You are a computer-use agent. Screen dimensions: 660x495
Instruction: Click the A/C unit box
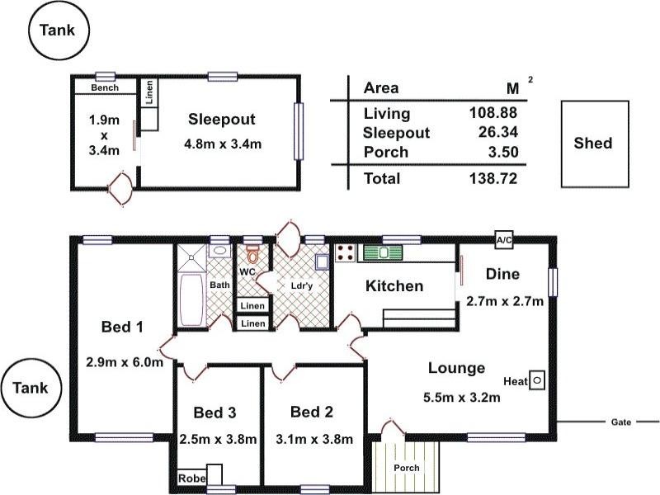[x=504, y=240]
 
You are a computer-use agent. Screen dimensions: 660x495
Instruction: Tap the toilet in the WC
[x=252, y=253]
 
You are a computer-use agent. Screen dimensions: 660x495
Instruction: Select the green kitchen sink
[x=383, y=252]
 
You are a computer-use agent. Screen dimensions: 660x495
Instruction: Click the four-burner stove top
[x=346, y=253]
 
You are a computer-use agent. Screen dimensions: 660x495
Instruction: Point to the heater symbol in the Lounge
[x=537, y=380]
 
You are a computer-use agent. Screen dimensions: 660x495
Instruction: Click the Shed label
[x=592, y=143]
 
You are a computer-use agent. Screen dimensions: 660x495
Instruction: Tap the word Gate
[x=621, y=422]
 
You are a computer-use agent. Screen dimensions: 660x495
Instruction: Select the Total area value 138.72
[x=493, y=178]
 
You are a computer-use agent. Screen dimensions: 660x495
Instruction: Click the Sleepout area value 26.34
[x=498, y=132]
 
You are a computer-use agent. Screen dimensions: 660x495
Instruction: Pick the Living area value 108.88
[x=493, y=113]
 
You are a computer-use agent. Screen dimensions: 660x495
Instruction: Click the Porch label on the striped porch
[x=406, y=468]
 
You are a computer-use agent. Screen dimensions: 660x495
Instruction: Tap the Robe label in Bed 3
[x=192, y=478]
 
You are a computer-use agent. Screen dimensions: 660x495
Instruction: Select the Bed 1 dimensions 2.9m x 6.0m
[x=125, y=362]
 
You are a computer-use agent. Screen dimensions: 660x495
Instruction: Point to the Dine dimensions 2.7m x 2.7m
[x=505, y=301]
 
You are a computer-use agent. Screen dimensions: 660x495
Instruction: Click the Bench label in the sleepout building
[x=105, y=87]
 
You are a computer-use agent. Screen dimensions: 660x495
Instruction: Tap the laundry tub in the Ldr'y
[x=323, y=262]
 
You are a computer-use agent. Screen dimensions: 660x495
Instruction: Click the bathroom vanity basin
[x=219, y=251]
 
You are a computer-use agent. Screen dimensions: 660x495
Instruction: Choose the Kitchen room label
[x=394, y=286]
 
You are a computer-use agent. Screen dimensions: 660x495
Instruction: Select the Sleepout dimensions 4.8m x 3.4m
[x=223, y=144]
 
